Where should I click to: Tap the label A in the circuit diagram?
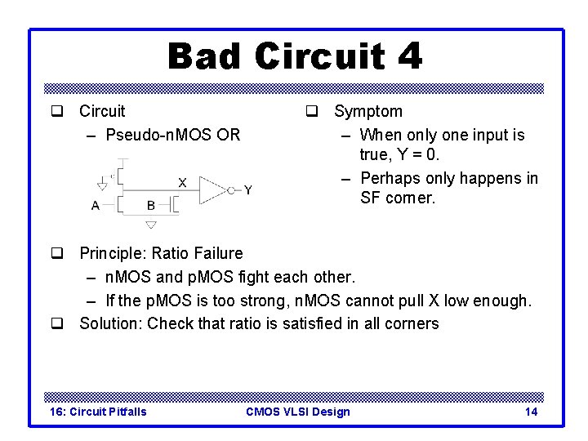point(96,205)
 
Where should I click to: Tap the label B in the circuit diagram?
point(150,205)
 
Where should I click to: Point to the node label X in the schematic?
point(181,183)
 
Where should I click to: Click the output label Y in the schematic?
point(247,189)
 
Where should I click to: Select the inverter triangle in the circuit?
point(212,190)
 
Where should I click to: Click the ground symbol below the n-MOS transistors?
point(150,225)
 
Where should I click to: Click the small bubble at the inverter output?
point(231,190)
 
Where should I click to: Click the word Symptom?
point(368,111)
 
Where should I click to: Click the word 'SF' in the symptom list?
point(370,198)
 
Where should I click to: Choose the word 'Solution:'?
point(110,323)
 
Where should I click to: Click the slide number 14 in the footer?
point(531,411)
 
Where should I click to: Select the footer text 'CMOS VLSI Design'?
point(297,411)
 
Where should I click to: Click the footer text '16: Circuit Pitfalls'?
point(98,411)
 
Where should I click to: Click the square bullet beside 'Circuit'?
point(56,112)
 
